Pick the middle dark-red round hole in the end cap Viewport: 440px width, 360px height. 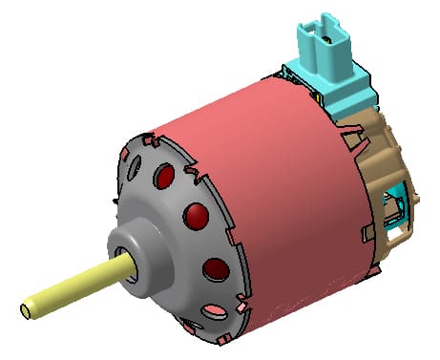coord(195,216)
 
